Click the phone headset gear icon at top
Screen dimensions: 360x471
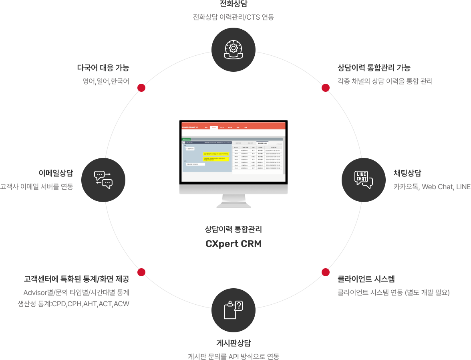click(x=233, y=49)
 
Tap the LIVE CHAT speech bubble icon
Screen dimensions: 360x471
click(x=363, y=179)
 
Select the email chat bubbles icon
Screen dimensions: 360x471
click(x=103, y=179)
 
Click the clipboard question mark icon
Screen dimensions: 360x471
click(x=233, y=310)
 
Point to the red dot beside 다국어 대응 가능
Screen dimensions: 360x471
click(x=141, y=88)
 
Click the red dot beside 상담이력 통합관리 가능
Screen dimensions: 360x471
click(x=326, y=88)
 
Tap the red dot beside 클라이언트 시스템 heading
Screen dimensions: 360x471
click(x=326, y=272)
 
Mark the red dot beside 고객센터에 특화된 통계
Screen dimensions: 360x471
click(x=141, y=272)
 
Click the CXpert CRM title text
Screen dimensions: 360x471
click(x=233, y=244)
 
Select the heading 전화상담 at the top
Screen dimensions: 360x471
click(x=233, y=4)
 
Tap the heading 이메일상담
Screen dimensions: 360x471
click(x=56, y=173)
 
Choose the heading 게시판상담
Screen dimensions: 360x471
click(x=233, y=343)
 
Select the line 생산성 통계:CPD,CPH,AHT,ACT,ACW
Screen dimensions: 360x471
click(x=74, y=304)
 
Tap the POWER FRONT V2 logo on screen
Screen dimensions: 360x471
click(x=190, y=127)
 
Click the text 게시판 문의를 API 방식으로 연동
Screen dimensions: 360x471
click(x=233, y=356)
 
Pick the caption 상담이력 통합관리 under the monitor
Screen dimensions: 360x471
click(x=233, y=230)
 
